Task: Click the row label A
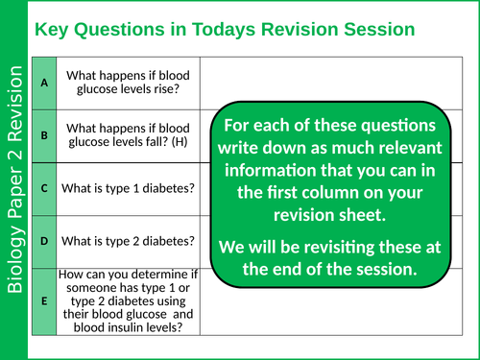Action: (44, 83)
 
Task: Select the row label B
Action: (44, 135)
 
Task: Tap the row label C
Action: (44, 188)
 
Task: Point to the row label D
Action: (44, 240)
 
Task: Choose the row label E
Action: (44, 300)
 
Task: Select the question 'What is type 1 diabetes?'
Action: (129, 188)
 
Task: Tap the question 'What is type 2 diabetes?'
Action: (129, 240)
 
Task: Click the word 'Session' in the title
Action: (377, 29)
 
